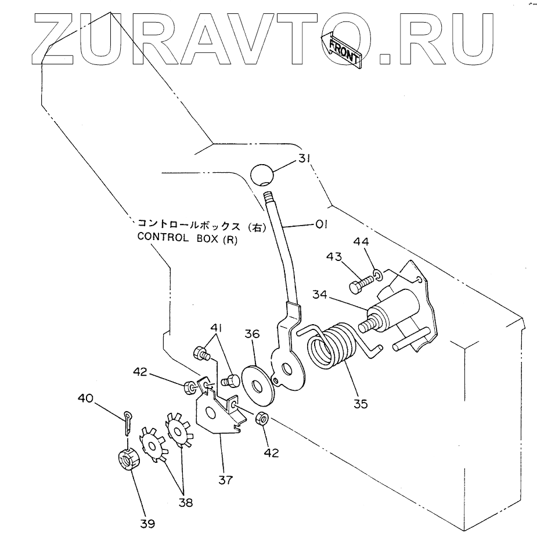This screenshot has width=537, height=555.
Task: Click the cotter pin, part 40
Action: pyautogui.click(x=129, y=421)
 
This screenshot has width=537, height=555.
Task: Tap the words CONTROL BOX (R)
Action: pyautogui.click(x=187, y=237)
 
